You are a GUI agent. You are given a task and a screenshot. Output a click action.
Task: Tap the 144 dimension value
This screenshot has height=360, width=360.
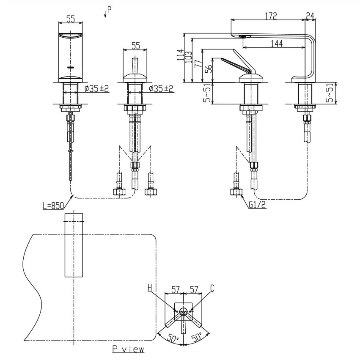[277, 44]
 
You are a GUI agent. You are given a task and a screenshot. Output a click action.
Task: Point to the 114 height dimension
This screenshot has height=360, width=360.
[181, 54]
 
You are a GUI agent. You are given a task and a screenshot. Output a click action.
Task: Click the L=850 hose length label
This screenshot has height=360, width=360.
[53, 206]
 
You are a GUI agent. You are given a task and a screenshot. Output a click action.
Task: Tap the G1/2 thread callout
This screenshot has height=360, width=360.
[257, 206]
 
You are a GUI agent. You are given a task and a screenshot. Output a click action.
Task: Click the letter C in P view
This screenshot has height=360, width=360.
[212, 289]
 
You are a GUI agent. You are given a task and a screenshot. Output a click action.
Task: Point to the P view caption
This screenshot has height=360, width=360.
[128, 349]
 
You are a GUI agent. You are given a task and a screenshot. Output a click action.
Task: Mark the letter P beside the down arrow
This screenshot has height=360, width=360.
[109, 10]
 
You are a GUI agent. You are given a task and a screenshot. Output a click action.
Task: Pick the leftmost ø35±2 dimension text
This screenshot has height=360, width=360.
[96, 88]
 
